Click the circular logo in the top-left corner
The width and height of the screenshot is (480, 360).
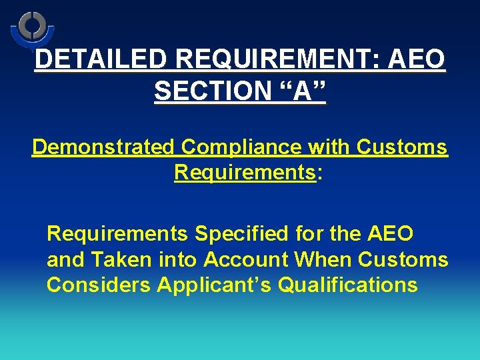point(31,28)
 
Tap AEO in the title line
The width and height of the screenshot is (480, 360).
point(417,60)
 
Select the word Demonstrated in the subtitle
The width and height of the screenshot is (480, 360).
point(103,147)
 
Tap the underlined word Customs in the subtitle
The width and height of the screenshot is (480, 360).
point(403,147)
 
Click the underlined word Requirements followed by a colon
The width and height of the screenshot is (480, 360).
point(244,173)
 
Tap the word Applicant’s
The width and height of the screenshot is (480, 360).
point(214,285)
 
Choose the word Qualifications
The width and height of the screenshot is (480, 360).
point(347,285)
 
